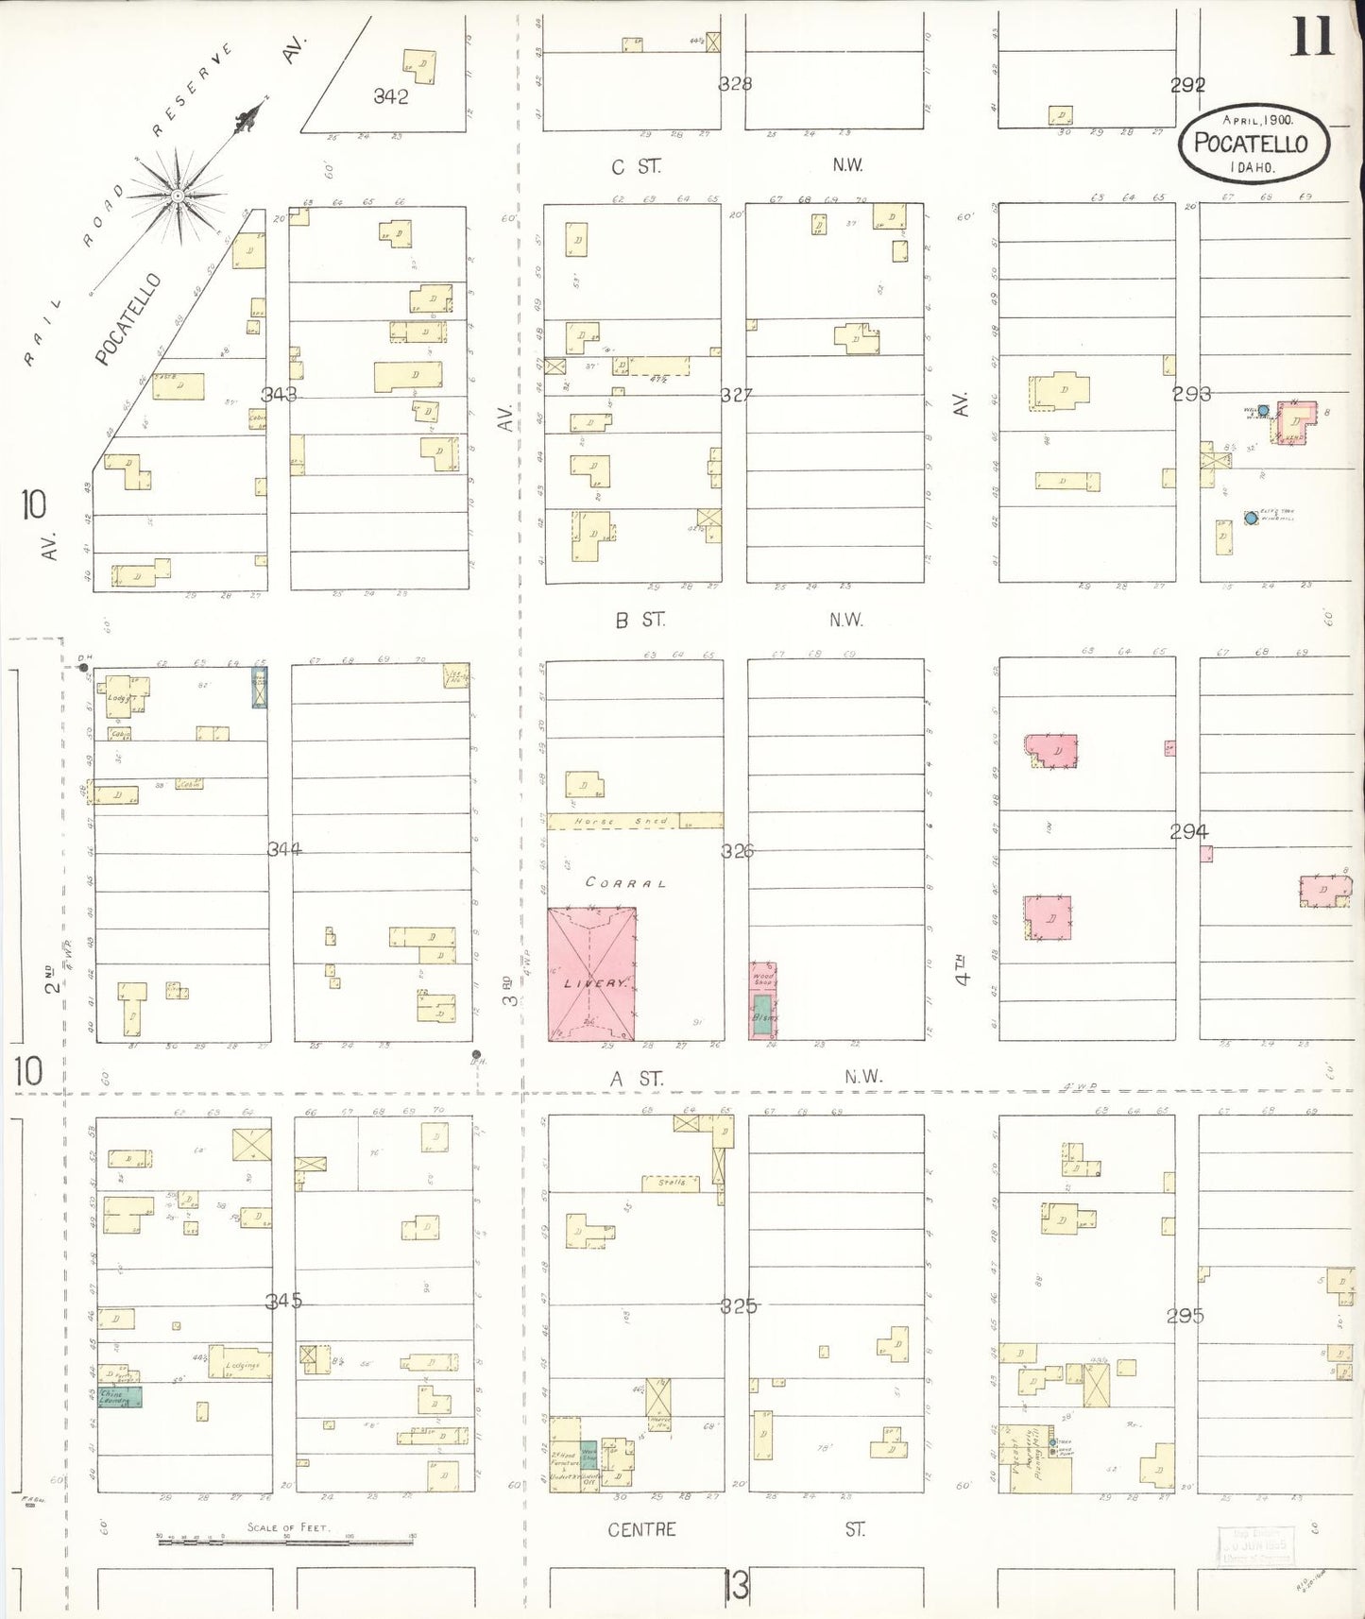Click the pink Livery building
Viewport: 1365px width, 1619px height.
(591, 974)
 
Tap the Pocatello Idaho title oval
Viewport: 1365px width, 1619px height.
(1253, 144)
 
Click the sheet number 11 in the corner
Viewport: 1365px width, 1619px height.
(1311, 38)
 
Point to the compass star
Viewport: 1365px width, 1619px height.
(179, 196)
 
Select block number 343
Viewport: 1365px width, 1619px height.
(280, 394)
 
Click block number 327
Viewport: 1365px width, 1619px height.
(737, 395)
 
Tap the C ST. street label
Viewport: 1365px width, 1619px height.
(636, 167)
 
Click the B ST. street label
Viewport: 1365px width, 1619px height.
(640, 620)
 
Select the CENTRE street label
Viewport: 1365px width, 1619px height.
(642, 1529)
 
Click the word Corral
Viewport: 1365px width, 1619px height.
(625, 882)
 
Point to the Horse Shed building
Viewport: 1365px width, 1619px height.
(635, 821)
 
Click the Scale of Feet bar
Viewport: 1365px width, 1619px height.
(285, 1541)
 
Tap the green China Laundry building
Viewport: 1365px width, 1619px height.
(120, 1396)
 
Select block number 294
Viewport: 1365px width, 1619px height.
(1188, 831)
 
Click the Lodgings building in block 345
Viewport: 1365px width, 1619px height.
(241, 1363)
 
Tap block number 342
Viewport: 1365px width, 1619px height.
(390, 96)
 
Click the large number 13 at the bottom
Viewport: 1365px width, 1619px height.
(736, 1585)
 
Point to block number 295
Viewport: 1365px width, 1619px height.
(1185, 1315)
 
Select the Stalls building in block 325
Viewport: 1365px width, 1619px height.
(671, 1183)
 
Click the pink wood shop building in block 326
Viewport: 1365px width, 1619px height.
(762, 979)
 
